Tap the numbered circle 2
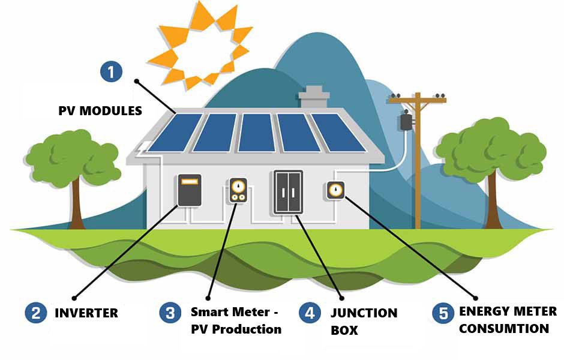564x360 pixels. click(37, 313)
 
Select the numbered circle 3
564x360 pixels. click(170, 313)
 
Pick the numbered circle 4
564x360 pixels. click(310, 313)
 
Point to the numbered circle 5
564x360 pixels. click(443, 313)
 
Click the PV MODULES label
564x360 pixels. click(100, 111)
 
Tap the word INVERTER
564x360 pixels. click(86, 313)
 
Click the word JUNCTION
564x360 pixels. click(364, 313)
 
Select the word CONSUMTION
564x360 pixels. click(504, 329)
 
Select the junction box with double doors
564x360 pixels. click(288, 193)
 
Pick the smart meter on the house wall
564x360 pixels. click(238, 191)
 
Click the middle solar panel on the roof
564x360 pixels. click(257, 133)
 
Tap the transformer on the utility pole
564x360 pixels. click(406, 122)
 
